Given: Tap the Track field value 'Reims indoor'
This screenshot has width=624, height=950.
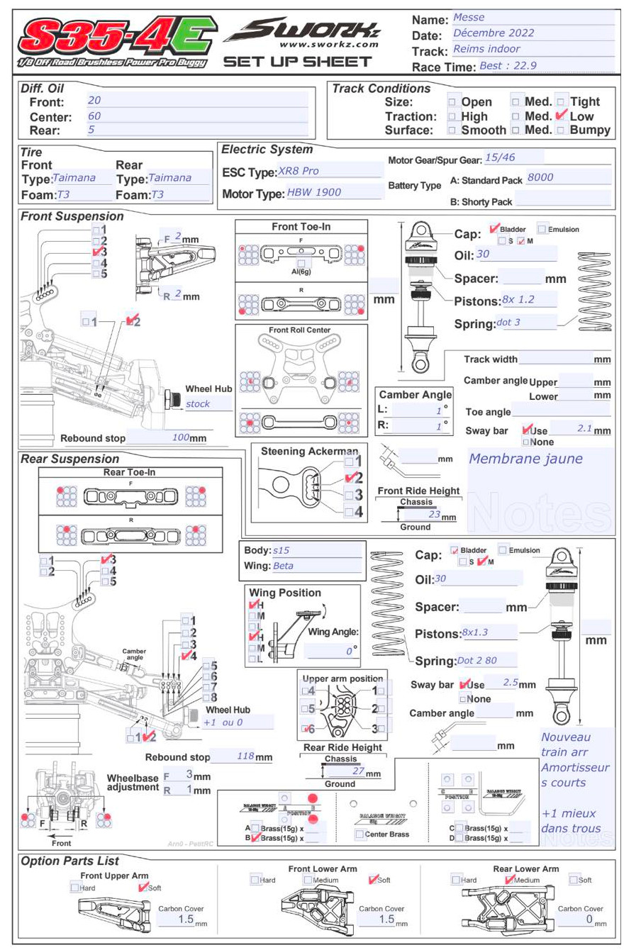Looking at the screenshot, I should pyautogui.click(x=486, y=49).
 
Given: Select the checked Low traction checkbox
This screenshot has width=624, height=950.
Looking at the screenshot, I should pyautogui.click(x=562, y=116).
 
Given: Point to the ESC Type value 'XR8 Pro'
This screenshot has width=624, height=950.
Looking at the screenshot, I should pyautogui.click(x=299, y=171).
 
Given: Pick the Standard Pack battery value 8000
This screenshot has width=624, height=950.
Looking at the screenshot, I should pyautogui.click(x=540, y=177).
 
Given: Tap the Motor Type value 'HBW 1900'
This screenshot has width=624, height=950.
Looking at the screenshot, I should pyautogui.click(x=314, y=192).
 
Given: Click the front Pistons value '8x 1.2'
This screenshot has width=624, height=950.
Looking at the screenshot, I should pyautogui.click(x=518, y=300).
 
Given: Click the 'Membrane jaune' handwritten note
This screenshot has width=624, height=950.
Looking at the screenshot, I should pyautogui.click(x=525, y=459).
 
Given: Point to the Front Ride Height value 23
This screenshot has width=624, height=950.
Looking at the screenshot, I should pyautogui.click(x=435, y=515).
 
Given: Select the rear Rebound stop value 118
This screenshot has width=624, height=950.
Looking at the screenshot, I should pyautogui.click(x=245, y=756).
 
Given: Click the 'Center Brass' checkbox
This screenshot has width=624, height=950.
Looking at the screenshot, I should pyautogui.click(x=360, y=834).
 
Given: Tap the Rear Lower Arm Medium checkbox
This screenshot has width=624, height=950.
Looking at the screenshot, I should pyautogui.click(x=510, y=880).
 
